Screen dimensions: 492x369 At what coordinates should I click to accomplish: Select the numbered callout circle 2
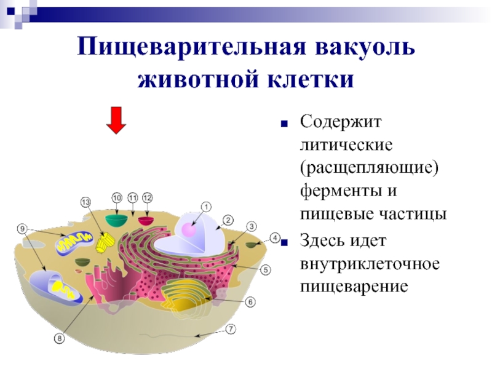[x=227, y=220]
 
